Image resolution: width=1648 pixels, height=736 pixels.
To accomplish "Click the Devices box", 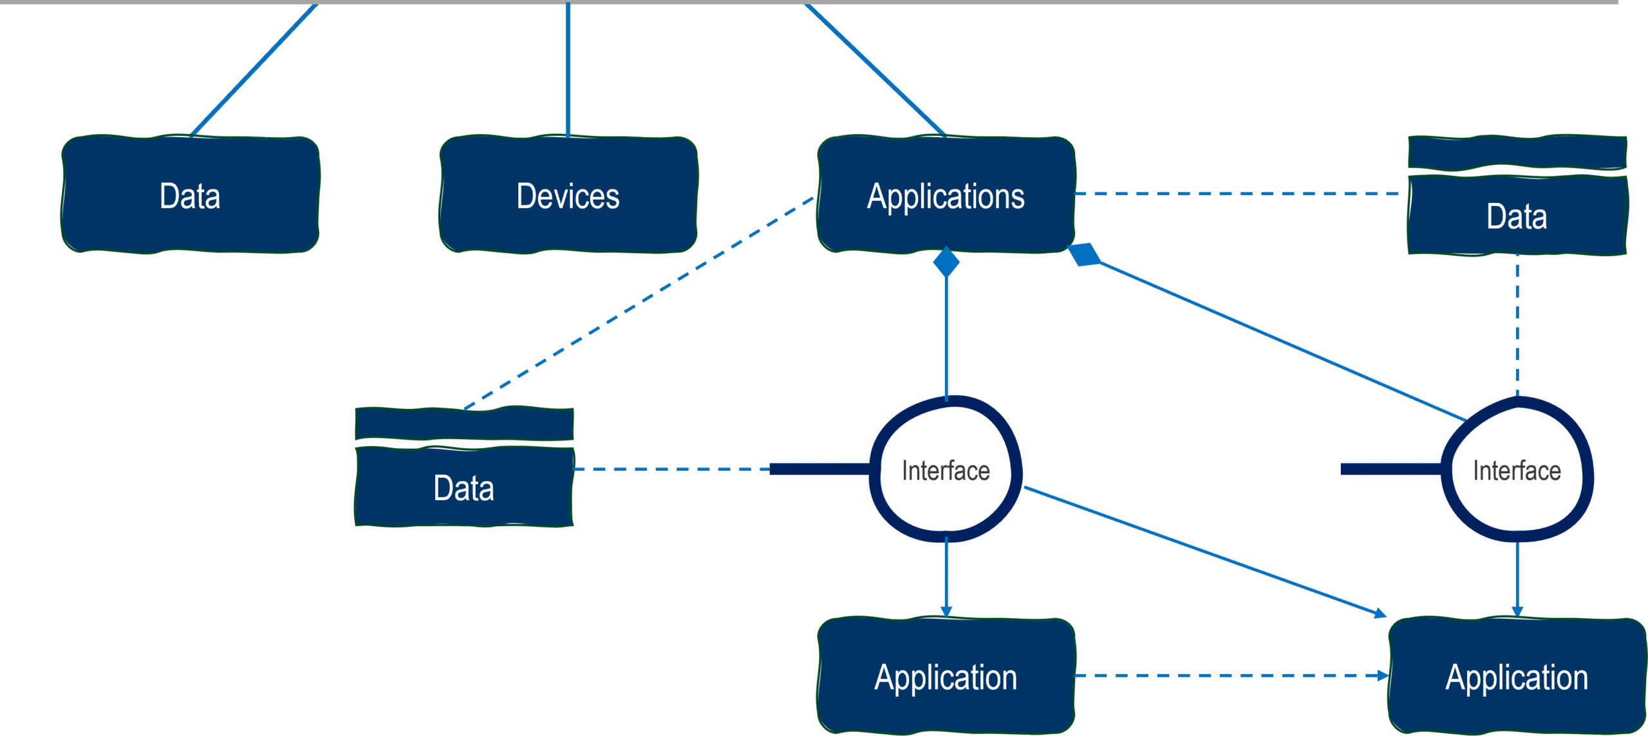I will coord(568,195).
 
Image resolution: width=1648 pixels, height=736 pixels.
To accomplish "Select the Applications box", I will coord(945,195).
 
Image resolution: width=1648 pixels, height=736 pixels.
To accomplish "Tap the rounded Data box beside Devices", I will coord(190,195).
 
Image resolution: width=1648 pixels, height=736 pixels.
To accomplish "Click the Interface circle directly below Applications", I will coord(945,469).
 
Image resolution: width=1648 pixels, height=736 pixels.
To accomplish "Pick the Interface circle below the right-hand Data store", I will coord(1517,469).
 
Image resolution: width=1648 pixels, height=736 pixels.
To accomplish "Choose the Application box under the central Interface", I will coord(945,676).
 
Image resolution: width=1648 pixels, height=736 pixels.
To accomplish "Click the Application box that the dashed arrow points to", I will coord(1517,676).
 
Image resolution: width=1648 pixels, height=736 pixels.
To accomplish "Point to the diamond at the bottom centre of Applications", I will coord(946,261).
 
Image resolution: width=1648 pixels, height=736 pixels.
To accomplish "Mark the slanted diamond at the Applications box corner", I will coord(1085,254).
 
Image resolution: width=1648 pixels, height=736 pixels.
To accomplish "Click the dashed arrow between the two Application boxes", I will coord(1230,675).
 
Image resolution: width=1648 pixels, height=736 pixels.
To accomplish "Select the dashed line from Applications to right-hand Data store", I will coord(1239,193).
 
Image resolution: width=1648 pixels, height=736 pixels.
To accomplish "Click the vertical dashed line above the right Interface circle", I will coord(1517,325).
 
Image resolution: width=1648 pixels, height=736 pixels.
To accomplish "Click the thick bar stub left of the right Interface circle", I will coord(1390,469).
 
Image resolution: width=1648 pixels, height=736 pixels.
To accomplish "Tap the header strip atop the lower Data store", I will coord(464,424).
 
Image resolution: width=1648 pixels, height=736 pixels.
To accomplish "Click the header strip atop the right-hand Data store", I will coord(1517,152).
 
